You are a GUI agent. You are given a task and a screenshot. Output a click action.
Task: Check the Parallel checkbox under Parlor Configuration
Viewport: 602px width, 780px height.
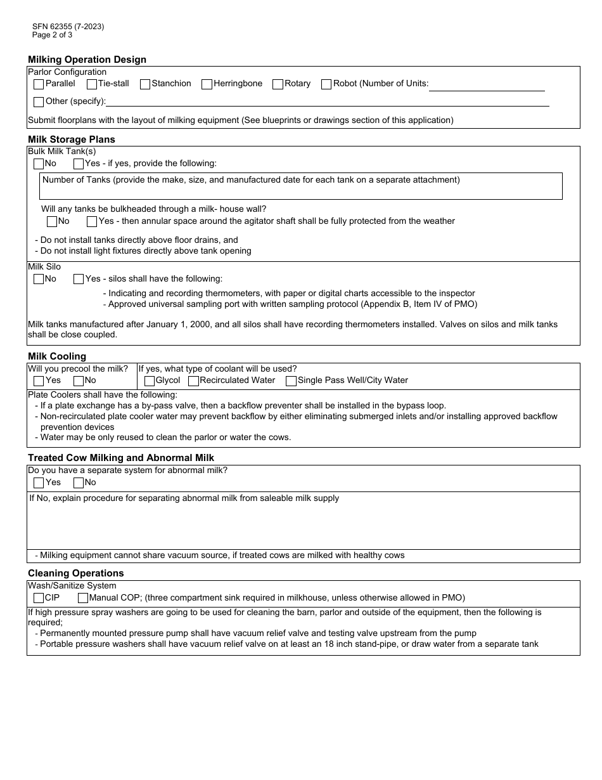(39, 84)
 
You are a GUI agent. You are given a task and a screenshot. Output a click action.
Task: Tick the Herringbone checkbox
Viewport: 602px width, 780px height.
(207, 84)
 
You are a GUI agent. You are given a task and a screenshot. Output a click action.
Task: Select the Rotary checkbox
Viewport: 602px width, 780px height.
(278, 84)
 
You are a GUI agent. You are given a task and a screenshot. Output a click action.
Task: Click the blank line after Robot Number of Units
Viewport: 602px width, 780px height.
(487, 85)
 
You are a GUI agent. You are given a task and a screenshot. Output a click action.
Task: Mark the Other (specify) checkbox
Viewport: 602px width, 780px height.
(39, 102)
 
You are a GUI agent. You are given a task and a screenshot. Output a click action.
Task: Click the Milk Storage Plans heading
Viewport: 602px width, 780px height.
(72, 140)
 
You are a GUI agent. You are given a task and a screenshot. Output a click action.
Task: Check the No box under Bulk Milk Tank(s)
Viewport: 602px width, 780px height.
(39, 164)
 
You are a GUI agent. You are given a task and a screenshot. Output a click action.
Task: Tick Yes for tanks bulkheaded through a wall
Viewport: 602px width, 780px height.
(92, 222)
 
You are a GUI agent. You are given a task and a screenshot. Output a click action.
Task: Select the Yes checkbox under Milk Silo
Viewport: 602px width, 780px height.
(79, 280)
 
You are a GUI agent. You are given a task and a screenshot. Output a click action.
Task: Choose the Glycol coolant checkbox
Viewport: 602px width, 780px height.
(150, 381)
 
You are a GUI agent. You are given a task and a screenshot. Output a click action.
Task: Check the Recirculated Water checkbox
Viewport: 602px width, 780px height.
(194, 381)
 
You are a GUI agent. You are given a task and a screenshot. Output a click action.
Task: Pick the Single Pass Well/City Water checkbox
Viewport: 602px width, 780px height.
(291, 381)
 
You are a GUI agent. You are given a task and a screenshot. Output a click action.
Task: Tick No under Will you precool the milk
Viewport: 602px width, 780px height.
(79, 381)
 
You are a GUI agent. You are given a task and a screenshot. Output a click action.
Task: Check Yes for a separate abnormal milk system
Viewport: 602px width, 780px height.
(39, 483)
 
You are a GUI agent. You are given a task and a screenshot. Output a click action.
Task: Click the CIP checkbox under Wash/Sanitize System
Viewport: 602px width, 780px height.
(39, 598)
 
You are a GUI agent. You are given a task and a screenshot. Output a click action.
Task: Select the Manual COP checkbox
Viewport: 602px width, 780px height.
(83, 598)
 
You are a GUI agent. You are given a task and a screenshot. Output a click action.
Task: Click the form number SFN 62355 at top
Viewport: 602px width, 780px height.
(68, 27)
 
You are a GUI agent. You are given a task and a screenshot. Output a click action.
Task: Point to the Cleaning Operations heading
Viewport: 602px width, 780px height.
(76, 573)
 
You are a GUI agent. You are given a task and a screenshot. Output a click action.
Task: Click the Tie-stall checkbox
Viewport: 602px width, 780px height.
(92, 84)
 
